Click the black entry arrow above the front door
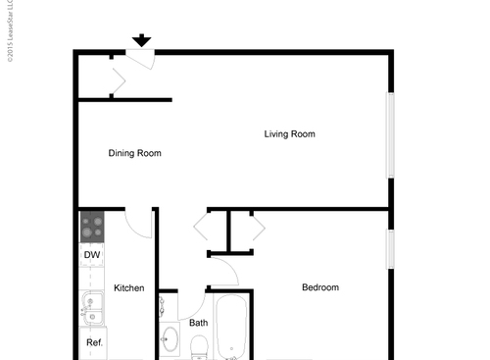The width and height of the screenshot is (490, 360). (x=142, y=40)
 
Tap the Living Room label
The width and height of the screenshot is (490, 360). (x=289, y=134)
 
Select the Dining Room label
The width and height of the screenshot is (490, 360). (x=134, y=153)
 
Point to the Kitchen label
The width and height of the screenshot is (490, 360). (x=129, y=288)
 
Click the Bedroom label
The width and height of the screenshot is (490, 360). (x=319, y=287)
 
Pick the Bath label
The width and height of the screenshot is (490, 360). (x=198, y=323)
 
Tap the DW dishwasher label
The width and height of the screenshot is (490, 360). (x=92, y=256)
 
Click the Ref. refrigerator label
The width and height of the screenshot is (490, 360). (x=94, y=342)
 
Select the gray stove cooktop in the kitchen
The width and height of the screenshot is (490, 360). (x=92, y=228)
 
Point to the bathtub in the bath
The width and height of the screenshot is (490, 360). (x=231, y=328)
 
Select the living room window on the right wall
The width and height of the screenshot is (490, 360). (x=390, y=135)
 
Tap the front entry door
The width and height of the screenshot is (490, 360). (x=140, y=58)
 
